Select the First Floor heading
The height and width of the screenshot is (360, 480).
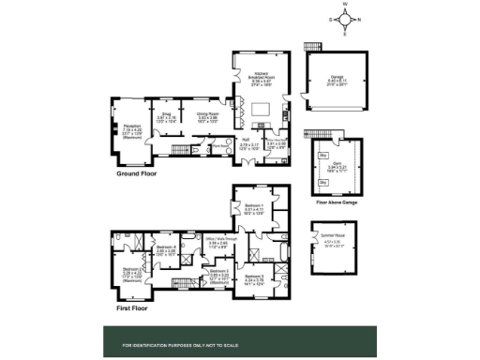[x=134, y=306]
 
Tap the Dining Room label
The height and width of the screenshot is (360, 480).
[x=207, y=115]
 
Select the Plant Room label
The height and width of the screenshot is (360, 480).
[x=221, y=146]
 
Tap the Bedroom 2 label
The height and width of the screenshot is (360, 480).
[x=124, y=271]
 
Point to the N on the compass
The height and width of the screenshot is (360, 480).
[x=357, y=18]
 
